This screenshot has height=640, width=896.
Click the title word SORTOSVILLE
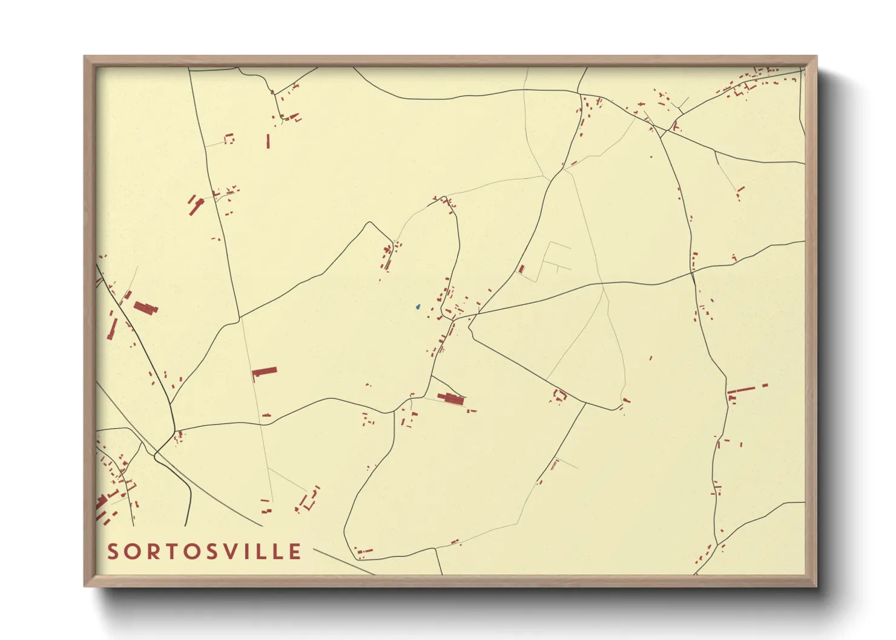tap(204, 552)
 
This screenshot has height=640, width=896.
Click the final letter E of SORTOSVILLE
tap(295, 552)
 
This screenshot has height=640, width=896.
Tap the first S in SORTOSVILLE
tap(113, 552)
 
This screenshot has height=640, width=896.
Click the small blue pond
tap(417, 307)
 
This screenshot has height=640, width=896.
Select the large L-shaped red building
tap(264, 373)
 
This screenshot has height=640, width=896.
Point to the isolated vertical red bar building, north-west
tap(268, 141)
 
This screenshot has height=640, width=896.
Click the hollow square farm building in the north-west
tap(229, 139)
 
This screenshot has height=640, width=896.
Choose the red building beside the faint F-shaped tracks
tap(521, 269)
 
